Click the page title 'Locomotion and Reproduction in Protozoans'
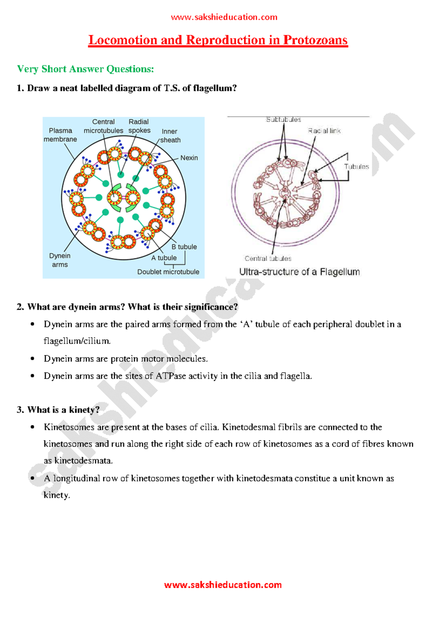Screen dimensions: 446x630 218,40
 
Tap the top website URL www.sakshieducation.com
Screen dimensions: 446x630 224,17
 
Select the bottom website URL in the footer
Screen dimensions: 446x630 223,585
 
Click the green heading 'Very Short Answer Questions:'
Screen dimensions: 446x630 85,69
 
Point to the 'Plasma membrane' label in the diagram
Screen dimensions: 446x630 60,135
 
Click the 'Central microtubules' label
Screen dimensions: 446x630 103,126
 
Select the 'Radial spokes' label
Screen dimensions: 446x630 139,126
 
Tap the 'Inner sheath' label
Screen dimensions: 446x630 170,136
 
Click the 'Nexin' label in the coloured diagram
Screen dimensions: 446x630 189,158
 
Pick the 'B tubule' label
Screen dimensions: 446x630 184,247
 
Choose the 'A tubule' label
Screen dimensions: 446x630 164,258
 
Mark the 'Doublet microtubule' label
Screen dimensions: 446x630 168,272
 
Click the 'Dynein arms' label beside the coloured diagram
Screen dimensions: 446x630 60,260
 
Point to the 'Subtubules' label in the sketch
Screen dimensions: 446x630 283,119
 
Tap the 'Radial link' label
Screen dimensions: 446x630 324,131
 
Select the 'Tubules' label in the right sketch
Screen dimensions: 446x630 356,167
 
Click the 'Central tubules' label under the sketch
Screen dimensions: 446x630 268,259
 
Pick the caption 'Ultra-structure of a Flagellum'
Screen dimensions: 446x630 299,272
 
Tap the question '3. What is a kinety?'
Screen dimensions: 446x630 58,410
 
